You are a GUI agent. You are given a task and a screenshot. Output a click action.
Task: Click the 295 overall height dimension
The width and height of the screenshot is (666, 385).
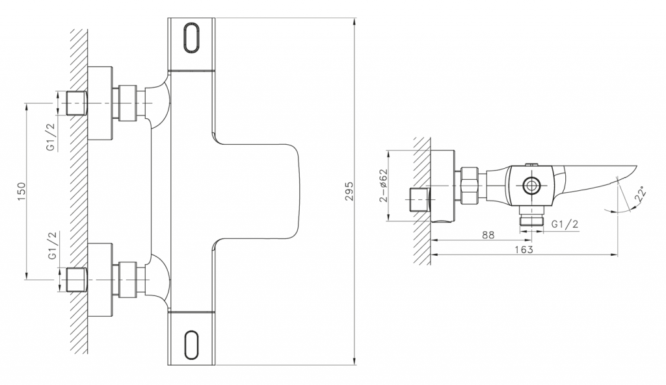(x=349, y=192)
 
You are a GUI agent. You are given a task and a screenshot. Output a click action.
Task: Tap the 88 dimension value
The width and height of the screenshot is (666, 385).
(x=488, y=234)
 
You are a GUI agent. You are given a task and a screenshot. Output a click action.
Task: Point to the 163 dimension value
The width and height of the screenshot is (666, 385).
(x=524, y=249)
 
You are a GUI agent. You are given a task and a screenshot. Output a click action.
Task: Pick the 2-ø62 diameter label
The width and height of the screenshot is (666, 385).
(x=384, y=185)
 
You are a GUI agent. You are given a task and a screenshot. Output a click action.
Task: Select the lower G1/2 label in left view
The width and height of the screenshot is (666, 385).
(x=52, y=246)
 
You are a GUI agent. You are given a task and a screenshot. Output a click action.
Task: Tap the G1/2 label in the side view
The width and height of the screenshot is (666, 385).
(x=565, y=224)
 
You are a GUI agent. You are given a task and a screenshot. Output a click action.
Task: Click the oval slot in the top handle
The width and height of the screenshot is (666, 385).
(x=191, y=38)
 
